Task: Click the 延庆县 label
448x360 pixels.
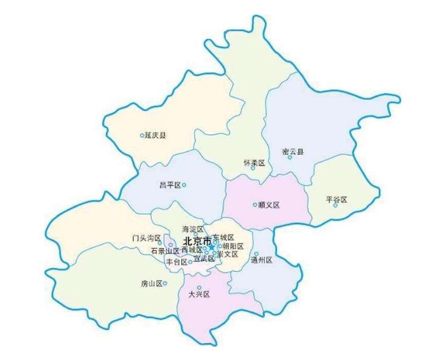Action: [155, 135]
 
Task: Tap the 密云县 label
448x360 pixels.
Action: [293, 150]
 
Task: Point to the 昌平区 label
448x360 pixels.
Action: [170, 185]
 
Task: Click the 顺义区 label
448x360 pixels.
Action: [268, 205]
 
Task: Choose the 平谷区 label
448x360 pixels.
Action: [336, 199]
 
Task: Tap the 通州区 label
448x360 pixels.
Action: [261, 260]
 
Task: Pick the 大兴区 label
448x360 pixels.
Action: [199, 294]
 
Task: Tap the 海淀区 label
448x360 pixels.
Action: [192, 229]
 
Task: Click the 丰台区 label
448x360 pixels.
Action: [177, 262]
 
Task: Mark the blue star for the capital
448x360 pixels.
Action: [211, 246]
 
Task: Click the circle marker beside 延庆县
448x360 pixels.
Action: [142, 135]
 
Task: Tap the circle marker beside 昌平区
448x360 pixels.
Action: [184, 185]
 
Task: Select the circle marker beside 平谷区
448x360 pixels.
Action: [335, 205]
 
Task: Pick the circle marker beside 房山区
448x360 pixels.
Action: [164, 283]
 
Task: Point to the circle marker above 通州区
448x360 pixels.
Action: [256, 253]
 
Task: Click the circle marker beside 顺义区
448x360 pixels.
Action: [255, 205]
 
